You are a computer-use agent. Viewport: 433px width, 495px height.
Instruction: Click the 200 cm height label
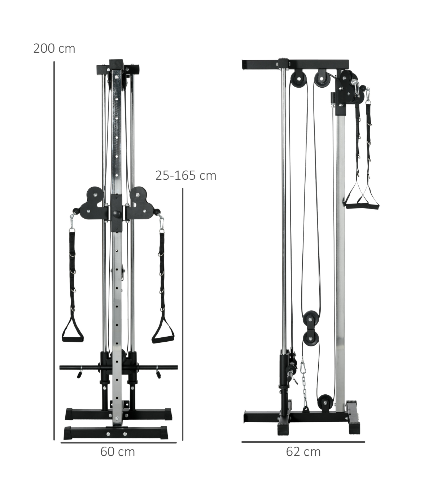(54, 49)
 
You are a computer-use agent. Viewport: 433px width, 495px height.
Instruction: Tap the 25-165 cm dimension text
(186, 176)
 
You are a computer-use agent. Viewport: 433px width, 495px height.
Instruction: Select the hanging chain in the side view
(304, 385)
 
